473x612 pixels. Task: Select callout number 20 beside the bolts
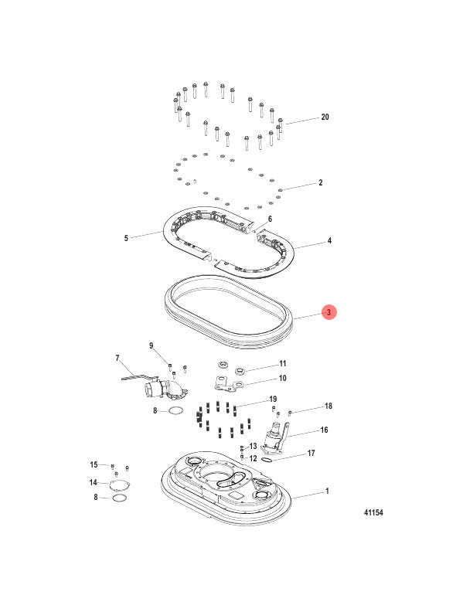tap(325, 117)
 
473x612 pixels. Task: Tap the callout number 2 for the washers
tap(320, 184)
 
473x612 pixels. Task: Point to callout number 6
tap(270, 219)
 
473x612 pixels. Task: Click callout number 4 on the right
tap(329, 241)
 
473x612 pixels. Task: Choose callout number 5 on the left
tap(126, 238)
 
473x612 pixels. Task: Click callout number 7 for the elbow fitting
tap(117, 359)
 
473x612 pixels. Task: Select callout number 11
tap(283, 363)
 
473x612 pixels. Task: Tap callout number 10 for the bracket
tap(283, 378)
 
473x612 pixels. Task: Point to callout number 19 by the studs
tap(273, 399)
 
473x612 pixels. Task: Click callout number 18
tap(328, 406)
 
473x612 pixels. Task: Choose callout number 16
tap(325, 430)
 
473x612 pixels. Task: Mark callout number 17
tap(311, 453)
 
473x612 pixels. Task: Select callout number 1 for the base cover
tap(327, 491)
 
